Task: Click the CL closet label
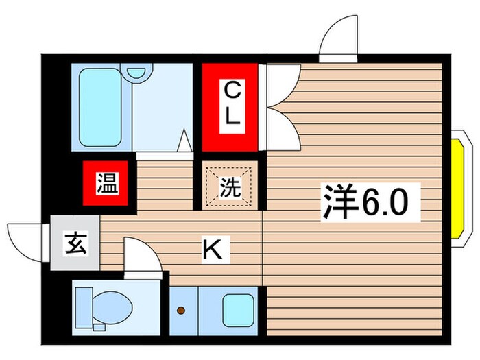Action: click(x=231, y=103)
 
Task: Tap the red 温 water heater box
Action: click(x=106, y=184)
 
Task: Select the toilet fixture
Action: click(x=106, y=307)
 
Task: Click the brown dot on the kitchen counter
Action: click(x=181, y=310)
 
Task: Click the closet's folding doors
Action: click(x=281, y=108)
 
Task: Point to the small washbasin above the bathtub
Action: click(x=137, y=71)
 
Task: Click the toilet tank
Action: click(x=84, y=307)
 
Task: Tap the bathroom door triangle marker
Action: click(x=184, y=141)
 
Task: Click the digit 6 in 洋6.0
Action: click(x=370, y=202)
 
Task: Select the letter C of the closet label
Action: click(x=232, y=89)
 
